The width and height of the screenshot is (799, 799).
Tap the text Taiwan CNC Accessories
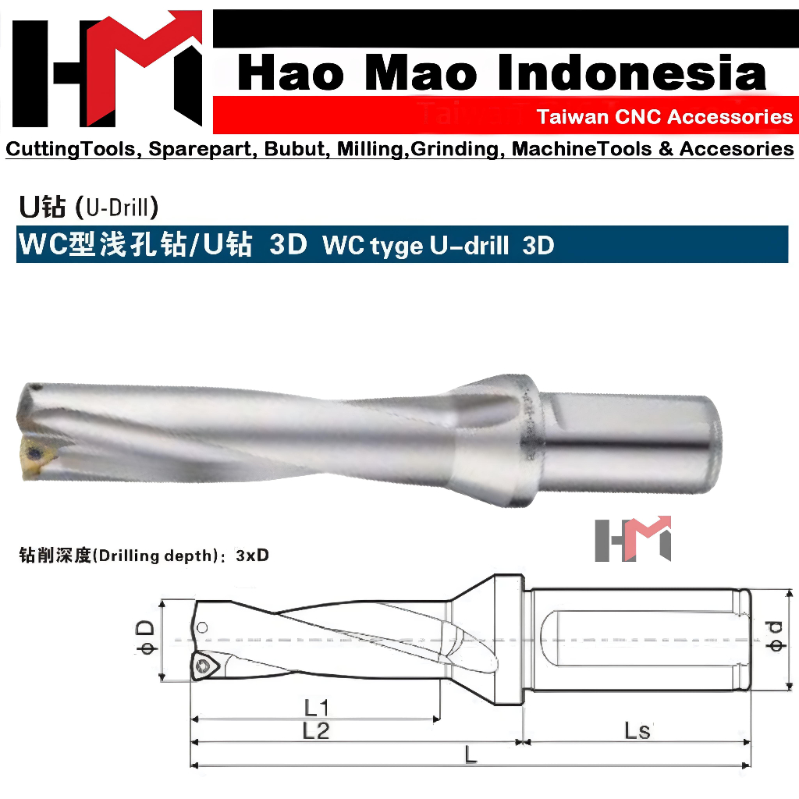pyautogui.click(x=664, y=117)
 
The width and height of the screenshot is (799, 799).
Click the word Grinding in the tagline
pyautogui.click(x=458, y=148)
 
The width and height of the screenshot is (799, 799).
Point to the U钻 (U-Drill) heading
pyautogui.click(x=89, y=208)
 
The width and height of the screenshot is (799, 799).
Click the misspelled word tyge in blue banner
pyautogui.click(x=396, y=246)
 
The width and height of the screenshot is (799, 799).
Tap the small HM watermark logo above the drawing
pyautogui.click(x=633, y=538)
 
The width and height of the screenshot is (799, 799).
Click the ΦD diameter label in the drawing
pyautogui.click(x=146, y=640)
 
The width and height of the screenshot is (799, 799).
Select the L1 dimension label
pyautogui.click(x=316, y=708)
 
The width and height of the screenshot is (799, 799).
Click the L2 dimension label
pyautogui.click(x=316, y=731)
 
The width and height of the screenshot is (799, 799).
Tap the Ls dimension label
pyautogui.click(x=637, y=731)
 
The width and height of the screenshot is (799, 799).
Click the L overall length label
pyautogui.click(x=471, y=755)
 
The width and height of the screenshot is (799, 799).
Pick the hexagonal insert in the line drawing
pyautogui.click(x=207, y=666)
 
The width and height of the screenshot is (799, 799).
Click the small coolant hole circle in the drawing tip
pyautogui.click(x=203, y=627)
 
